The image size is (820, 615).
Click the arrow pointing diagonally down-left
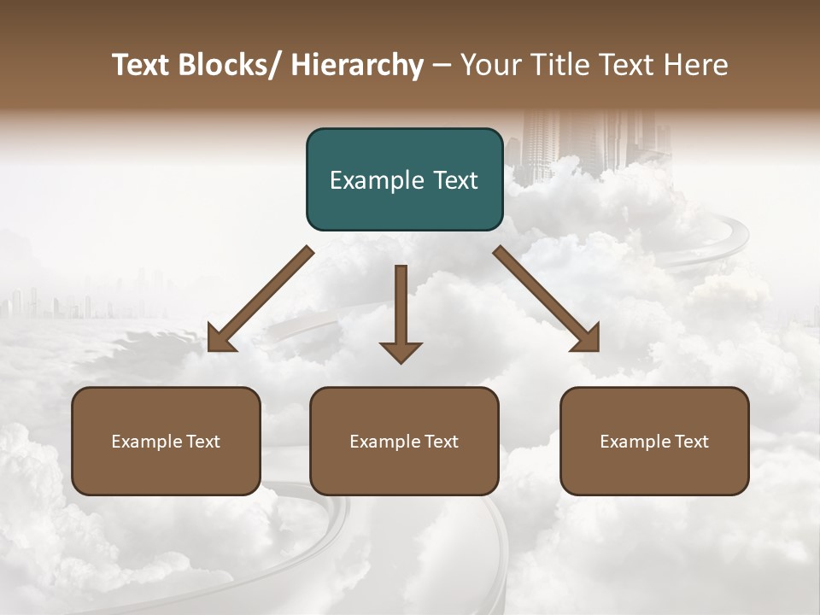click(261, 299)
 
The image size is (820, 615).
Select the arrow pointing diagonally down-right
click(547, 299)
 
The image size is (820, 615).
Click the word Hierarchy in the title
click(357, 65)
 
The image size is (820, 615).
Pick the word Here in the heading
click(694, 65)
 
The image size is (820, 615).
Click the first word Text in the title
click(143, 65)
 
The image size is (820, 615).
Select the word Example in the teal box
click(376, 181)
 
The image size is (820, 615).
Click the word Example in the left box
click(147, 442)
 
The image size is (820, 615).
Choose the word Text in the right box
click(690, 442)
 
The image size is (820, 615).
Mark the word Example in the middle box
click(385, 442)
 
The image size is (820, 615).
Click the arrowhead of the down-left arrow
click(220, 339)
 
